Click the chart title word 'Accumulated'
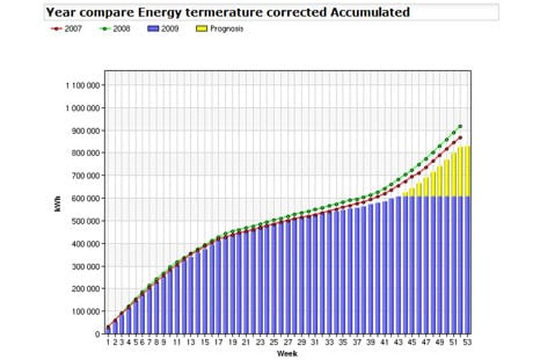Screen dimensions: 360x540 (x=370, y=12)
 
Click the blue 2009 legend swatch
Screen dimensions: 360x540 (x=153, y=29)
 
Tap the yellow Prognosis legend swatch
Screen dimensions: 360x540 (x=202, y=29)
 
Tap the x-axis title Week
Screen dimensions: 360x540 (x=287, y=353)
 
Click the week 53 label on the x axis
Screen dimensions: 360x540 (x=467, y=342)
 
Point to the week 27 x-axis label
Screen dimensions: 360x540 (x=288, y=342)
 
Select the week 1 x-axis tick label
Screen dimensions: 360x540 (x=108, y=342)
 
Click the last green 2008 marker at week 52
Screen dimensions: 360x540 (x=460, y=127)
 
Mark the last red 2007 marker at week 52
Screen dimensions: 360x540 (x=460, y=137)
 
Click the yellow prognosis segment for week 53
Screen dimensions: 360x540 (x=467, y=172)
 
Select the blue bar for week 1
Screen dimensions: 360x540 (x=108, y=331)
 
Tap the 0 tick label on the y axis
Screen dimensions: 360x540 (x=97, y=334)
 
